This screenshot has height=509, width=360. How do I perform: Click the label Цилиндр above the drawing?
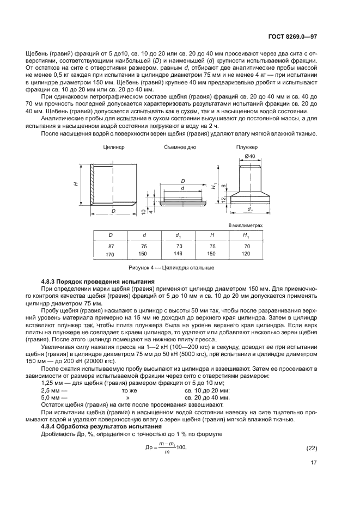point(114,148)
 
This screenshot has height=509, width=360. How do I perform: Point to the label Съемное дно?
point(179,148)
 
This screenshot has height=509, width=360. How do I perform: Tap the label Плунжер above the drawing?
point(247,148)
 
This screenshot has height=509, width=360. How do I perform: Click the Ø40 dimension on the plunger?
point(249,157)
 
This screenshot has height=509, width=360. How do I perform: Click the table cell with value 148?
point(179,254)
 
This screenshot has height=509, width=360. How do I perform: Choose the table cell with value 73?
point(179,246)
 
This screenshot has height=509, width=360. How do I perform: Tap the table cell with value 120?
point(246,254)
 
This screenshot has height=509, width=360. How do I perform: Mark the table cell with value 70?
point(246,246)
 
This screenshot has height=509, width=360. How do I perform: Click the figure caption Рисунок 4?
point(171,268)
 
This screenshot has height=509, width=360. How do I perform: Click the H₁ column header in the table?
point(246,235)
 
